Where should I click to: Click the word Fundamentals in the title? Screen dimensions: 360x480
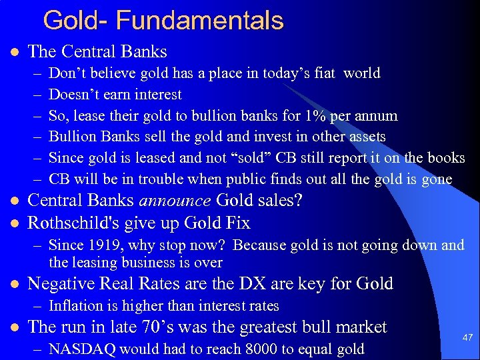pos(199,21)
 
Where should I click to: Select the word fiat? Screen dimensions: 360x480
pos(324,73)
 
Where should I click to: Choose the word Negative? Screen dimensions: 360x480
pos(61,284)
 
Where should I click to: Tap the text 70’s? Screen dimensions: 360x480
pos(161,327)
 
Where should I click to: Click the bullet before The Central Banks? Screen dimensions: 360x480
pos(14,52)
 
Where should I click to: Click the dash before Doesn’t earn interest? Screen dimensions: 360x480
pos(36,95)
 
